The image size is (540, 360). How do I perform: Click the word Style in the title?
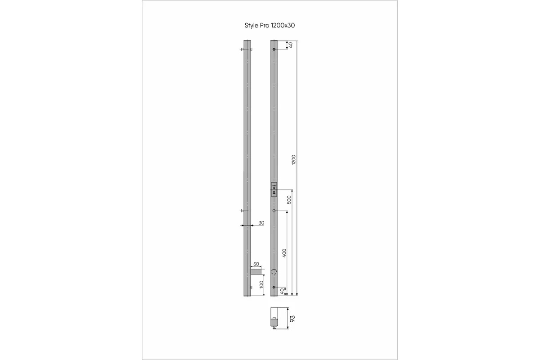[252, 26]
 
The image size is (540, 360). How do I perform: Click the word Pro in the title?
[265, 25]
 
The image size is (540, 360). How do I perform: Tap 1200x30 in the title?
[283, 25]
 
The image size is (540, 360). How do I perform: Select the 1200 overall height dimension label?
[293, 160]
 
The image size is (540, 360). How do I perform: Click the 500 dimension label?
[289, 200]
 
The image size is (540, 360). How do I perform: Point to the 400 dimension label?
[284, 253]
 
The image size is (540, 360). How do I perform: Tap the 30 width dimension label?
[261, 223]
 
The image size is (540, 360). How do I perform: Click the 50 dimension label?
[256, 264]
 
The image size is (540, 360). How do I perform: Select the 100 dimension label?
[261, 284]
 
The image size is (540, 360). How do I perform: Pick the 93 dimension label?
[292, 319]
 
